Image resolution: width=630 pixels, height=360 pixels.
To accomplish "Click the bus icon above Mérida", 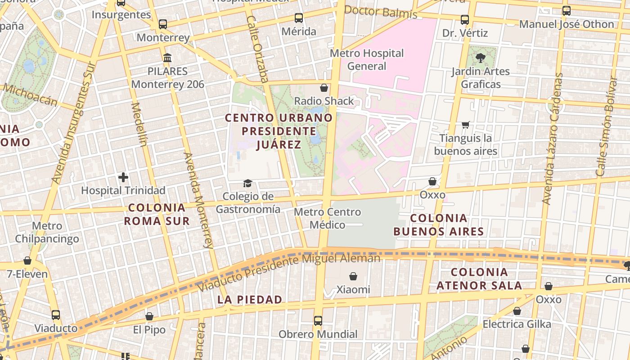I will click(299, 18).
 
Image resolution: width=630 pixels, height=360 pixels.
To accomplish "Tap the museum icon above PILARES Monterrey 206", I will click(168, 58).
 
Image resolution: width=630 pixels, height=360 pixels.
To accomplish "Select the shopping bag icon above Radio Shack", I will click(324, 87).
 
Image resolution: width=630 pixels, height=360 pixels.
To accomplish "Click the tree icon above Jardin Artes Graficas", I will click(481, 58).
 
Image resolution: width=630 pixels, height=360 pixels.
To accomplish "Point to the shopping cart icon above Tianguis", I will click(466, 125).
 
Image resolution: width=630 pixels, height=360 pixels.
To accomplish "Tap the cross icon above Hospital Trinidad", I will click(123, 177).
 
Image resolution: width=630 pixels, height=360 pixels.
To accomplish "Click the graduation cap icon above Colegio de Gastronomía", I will click(247, 183).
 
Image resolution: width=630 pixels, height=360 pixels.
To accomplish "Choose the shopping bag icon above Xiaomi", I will click(353, 276).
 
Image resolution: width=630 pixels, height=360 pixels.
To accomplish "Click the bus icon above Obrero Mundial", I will click(318, 321).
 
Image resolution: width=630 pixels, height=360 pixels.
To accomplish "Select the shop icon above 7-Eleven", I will click(27, 261).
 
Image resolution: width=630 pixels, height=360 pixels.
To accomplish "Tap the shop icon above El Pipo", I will click(149, 316).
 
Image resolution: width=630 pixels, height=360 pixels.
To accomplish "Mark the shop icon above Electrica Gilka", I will click(517, 311).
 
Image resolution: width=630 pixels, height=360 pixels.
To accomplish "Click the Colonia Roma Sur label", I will click(157, 214).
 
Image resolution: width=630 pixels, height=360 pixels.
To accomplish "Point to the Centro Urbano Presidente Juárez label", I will click(279, 131).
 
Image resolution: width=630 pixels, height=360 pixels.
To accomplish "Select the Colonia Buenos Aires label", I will click(439, 225).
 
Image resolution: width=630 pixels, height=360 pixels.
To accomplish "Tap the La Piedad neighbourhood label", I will click(250, 299).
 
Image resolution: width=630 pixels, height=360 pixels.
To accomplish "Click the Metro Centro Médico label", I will click(327, 218).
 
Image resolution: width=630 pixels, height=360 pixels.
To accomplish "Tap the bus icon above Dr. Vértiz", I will click(465, 20).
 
